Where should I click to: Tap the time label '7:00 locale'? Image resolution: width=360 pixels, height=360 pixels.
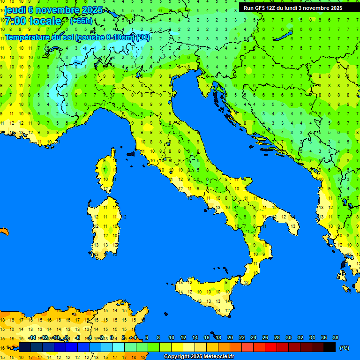click(33, 21)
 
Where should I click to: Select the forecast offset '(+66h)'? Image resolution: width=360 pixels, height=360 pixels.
click(81, 21)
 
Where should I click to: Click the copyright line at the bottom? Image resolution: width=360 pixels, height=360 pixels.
click(198, 357)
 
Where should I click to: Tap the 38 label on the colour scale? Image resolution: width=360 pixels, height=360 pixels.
click(336, 338)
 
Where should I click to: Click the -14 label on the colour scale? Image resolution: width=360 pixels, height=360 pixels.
click(32, 338)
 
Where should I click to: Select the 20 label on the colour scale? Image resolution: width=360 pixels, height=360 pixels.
click(230, 338)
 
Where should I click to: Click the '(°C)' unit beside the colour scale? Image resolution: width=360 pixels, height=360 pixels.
click(344, 347)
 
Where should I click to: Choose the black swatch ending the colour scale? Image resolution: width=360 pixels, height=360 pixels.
click(330, 347)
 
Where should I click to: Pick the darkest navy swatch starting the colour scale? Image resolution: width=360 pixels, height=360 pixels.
click(25, 347)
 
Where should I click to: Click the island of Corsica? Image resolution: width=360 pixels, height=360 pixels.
click(108, 171)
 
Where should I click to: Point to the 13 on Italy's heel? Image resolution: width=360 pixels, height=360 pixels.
click(293, 226)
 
